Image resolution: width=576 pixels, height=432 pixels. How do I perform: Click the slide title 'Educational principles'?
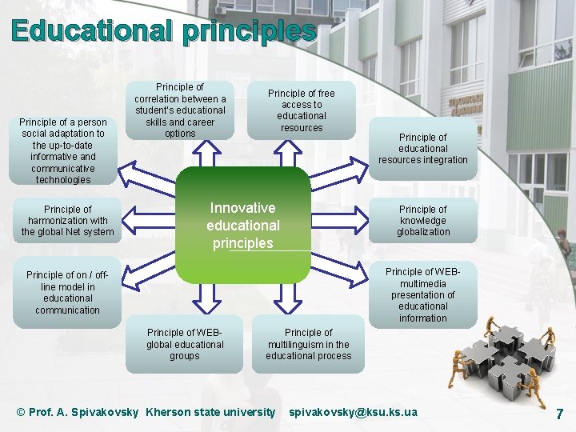(163, 31)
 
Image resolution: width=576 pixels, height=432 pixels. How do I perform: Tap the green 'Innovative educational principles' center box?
(242, 225)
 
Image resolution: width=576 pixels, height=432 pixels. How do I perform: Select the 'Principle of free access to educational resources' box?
(302, 110)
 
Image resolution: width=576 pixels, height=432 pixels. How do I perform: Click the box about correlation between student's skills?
(180, 110)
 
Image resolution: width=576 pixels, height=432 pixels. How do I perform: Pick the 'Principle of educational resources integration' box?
(423, 148)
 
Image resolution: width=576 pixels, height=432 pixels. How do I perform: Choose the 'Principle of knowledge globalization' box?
(423, 221)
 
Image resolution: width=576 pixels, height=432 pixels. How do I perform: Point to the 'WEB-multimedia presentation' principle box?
(423, 294)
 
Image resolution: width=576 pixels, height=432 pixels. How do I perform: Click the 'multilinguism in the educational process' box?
(309, 344)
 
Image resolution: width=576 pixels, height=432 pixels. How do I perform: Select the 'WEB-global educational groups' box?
(185, 344)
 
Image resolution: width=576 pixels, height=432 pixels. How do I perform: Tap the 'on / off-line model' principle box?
(68, 292)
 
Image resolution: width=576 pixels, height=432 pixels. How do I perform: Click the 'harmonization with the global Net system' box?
(68, 221)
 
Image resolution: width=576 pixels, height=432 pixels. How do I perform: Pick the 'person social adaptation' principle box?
(63, 150)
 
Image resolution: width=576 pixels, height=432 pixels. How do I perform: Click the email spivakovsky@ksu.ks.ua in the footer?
(353, 412)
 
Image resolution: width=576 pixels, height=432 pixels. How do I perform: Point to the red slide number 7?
(559, 414)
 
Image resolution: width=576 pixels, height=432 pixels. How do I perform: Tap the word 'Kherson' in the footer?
(168, 412)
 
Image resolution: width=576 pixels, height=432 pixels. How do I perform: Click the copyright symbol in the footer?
(22, 412)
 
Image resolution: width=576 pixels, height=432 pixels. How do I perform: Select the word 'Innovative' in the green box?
(242, 208)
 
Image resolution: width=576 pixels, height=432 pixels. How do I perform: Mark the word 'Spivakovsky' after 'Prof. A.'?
(104, 412)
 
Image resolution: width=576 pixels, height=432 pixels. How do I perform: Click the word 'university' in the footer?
(250, 412)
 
